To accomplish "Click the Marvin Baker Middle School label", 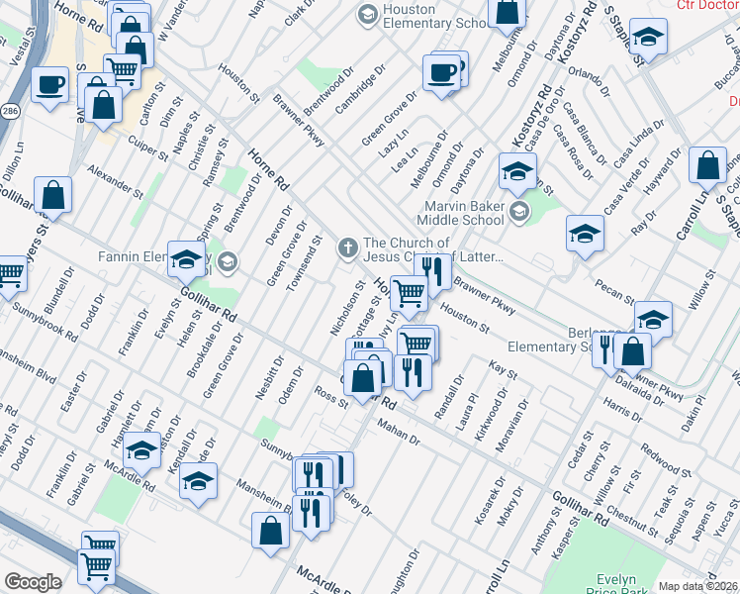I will point(460,213).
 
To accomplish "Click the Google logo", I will point(32,581).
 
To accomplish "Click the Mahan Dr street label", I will point(401,432).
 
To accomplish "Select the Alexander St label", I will point(109,179).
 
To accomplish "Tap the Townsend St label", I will point(304,263).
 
